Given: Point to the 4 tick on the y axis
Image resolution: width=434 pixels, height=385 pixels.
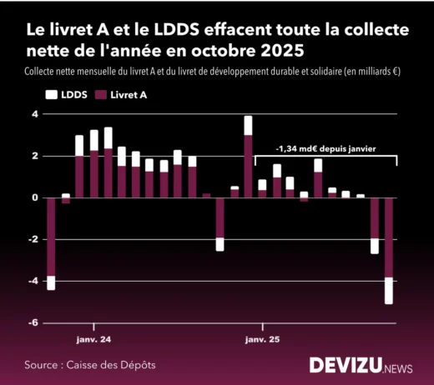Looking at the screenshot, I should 35,114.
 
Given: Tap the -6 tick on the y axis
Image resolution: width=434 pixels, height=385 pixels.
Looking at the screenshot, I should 33,322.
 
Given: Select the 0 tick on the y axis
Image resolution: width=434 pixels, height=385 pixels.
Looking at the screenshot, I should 35,197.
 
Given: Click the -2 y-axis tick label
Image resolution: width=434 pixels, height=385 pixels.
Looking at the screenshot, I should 33,239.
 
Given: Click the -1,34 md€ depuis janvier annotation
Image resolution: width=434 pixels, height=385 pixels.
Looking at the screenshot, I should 325,148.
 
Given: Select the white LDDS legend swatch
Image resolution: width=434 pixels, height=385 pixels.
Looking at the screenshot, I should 50,96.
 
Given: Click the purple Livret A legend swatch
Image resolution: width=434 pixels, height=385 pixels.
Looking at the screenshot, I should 103,96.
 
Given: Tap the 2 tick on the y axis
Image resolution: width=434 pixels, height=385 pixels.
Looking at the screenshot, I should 35,156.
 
